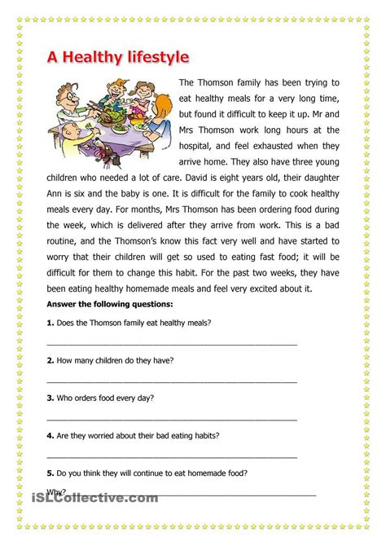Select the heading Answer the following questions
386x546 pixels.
point(93,305)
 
